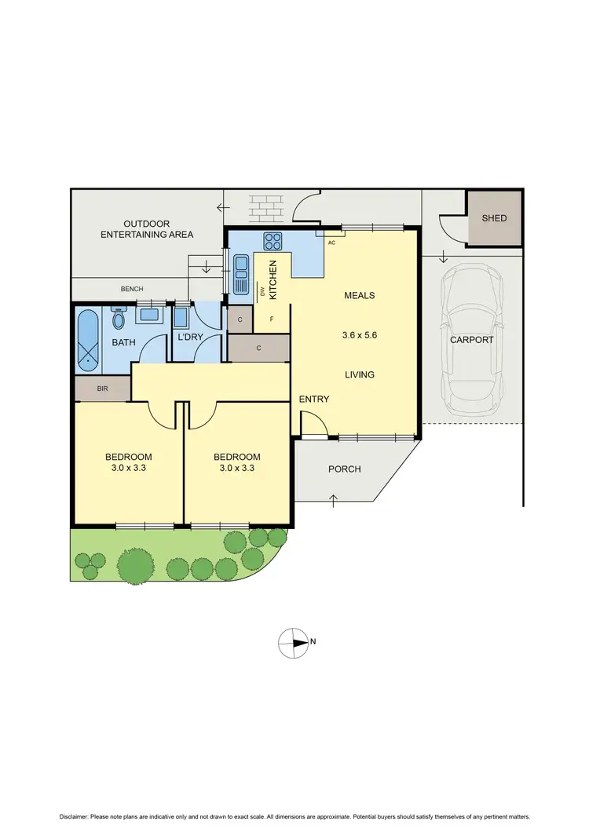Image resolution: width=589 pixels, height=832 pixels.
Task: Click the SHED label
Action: pos(494,218)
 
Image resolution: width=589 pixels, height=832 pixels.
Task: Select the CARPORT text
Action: pos(471,340)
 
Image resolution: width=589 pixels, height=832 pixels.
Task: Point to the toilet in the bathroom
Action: pos(119,319)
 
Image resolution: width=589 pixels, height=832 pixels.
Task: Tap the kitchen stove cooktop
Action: pos(273,240)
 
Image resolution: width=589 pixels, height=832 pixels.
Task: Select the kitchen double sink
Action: pos(242,274)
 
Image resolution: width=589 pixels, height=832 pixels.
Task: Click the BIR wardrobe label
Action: pos(102,389)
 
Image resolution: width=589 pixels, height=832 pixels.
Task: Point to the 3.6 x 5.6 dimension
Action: pos(359,335)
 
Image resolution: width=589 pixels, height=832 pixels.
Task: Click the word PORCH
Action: pos(344,469)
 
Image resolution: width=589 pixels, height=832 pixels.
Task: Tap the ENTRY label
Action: pos(314,400)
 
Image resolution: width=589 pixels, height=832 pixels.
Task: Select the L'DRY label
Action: pos(190,337)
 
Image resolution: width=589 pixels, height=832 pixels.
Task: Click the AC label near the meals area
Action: pos(331,243)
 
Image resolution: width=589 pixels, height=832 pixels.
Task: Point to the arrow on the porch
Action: pos(335,499)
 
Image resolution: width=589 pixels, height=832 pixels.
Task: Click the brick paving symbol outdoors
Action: pos(267,209)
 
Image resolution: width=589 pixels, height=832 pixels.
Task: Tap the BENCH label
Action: pos(132,290)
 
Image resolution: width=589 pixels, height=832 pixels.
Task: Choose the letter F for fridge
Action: pos(272,319)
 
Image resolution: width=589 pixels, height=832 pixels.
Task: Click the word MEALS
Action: pos(359,296)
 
